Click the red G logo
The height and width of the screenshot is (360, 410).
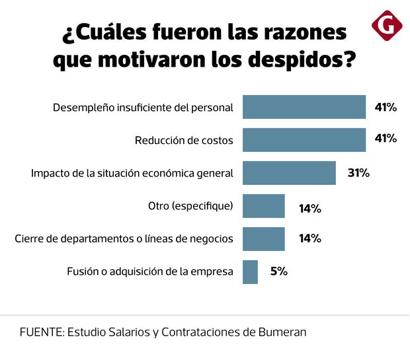[x=387, y=26]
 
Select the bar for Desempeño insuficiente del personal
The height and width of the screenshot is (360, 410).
[x=304, y=107]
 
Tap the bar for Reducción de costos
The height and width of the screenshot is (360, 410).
[x=304, y=139]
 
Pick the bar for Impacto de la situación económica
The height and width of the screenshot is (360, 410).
[x=289, y=173]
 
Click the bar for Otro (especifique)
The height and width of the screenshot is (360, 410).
[x=263, y=206]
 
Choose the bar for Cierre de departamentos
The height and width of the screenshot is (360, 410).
[x=263, y=239]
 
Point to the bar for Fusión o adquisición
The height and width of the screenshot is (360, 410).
[x=250, y=272]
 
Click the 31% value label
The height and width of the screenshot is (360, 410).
[x=358, y=173]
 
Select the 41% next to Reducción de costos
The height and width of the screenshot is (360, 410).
[x=386, y=139]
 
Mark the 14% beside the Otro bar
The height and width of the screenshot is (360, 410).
[x=310, y=208]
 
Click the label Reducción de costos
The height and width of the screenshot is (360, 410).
[x=184, y=140]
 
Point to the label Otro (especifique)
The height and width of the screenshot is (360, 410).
[x=190, y=206]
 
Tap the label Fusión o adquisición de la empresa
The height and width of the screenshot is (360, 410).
[x=150, y=271]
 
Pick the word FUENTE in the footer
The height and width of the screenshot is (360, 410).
[x=40, y=332]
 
